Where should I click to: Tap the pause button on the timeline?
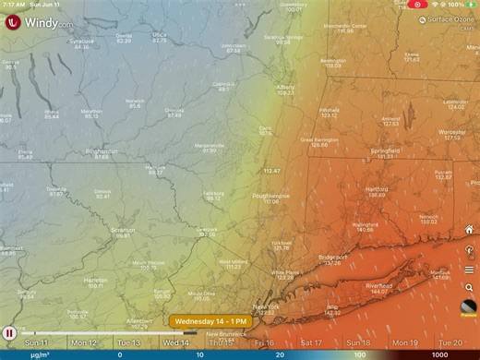pyautogui.click(x=9, y=332)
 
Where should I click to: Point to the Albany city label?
pyautogui.click(x=286, y=88)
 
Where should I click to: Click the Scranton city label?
pyautogui.click(x=122, y=231)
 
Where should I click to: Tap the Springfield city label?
pyautogui.click(x=386, y=151)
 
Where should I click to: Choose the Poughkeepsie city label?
pyautogui.click(x=270, y=196)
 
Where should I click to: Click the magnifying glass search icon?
pyautogui.click(x=469, y=288)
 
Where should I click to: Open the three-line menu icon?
pyautogui.click(x=469, y=270)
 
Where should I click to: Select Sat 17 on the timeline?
pyautogui.click(x=312, y=342)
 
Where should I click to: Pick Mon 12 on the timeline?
pyautogui.click(x=84, y=342)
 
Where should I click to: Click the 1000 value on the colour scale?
pyautogui.click(x=440, y=354)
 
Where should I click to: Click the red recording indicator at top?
pyautogui.click(x=418, y=5)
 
